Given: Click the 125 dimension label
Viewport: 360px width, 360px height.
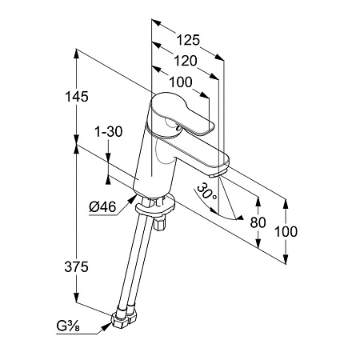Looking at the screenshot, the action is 188,40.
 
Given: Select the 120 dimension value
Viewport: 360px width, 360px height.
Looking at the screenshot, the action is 186,61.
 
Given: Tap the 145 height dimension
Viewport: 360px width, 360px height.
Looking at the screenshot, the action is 77,96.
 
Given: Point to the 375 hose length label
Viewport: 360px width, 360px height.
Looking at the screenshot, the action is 76,266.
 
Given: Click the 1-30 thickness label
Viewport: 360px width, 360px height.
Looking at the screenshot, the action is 109,131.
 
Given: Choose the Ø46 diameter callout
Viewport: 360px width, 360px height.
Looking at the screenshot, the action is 102,206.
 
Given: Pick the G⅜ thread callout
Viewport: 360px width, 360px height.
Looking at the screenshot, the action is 68,326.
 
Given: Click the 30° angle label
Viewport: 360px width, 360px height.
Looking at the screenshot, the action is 207,191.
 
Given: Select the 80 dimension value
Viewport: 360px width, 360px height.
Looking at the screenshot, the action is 258,222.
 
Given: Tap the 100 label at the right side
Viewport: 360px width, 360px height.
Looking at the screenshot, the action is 286,231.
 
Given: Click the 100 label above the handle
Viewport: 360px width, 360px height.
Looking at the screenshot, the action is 181,82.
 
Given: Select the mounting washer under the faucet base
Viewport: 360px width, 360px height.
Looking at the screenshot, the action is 155,206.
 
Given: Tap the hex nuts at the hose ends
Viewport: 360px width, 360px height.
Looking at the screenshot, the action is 124,318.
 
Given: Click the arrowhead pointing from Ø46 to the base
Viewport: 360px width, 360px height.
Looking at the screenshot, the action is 133,199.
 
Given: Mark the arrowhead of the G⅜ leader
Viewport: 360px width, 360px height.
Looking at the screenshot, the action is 107,326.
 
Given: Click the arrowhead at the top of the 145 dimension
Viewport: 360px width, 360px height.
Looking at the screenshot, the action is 77,54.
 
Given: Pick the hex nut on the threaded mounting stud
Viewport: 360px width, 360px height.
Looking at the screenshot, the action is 159,224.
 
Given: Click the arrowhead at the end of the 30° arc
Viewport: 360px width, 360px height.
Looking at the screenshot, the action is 240,218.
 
